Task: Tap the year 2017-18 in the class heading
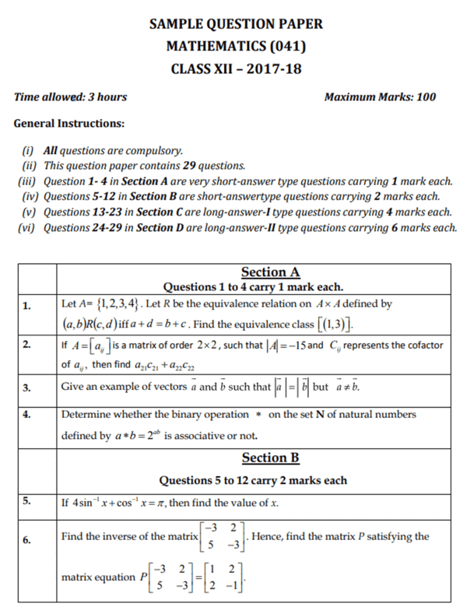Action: pos(271,68)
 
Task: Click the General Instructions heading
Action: pos(69,123)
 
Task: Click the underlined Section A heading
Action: pos(270,272)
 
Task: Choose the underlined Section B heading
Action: pos(270,458)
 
